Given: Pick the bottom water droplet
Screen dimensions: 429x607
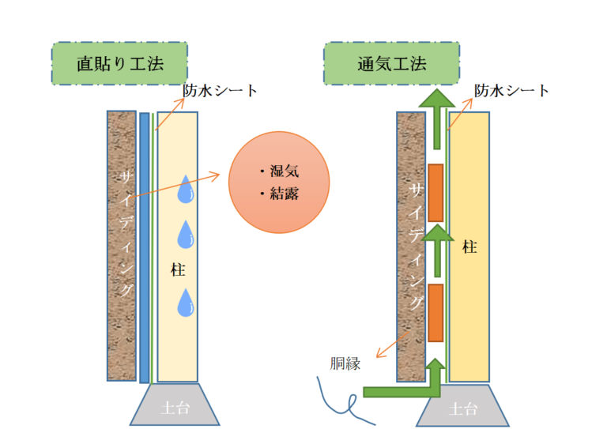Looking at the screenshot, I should tap(187, 303).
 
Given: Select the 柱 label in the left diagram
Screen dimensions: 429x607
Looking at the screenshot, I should tap(178, 269).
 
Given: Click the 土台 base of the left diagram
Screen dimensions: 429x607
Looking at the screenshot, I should tap(175, 408).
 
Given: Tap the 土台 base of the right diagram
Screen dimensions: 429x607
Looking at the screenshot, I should tap(463, 408).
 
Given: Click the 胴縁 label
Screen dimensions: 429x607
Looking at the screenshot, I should tap(345, 363).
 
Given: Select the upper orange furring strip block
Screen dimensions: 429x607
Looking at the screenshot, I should tap(435, 193).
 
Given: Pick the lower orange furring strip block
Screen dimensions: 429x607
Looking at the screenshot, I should tap(435, 310).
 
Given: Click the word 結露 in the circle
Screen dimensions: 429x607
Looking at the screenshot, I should tap(285, 194).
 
